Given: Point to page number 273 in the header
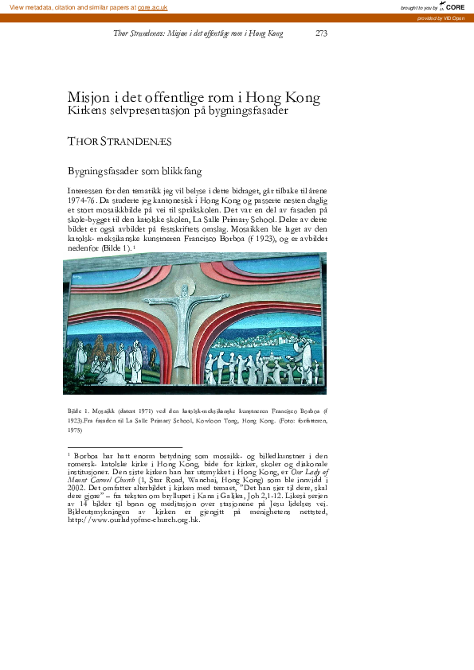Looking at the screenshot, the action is pos(321,33).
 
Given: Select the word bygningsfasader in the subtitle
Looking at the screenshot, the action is pos(247,112).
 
